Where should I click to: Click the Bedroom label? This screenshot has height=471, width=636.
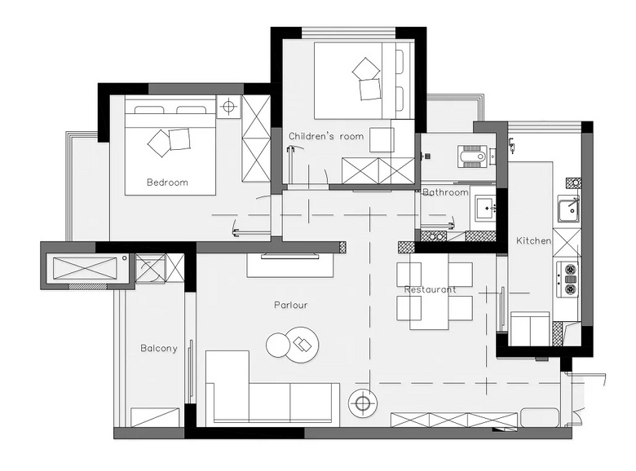(x=167, y=183)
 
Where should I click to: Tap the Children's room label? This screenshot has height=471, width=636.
(x=326, y=136)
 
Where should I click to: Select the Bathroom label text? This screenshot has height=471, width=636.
(x=445, y=192)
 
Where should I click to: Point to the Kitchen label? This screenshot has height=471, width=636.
(x=533, y=240)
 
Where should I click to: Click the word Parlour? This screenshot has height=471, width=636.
(x=290, y=305)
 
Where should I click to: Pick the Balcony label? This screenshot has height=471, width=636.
(x=159, y=348)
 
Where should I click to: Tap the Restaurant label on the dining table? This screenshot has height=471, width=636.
(x=430, y=290)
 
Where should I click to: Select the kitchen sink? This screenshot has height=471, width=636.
(x=568, y=209)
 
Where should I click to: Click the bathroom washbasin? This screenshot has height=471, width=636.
(x=485, y=209)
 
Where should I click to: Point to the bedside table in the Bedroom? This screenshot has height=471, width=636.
(x=229, y=107)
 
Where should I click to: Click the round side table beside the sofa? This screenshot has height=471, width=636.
(x=363, y=403)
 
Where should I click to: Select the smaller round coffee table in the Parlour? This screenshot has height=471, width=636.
(x=278, y=345)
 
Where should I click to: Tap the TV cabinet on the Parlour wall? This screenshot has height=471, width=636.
(x=290, y=266)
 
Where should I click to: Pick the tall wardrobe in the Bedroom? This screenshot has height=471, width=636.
(x=256, y=139)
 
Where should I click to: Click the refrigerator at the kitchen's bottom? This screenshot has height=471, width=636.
(x=530, y=328)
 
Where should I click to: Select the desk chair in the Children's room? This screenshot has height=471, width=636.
(x=382, y=140)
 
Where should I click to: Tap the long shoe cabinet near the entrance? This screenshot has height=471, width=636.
(x=454, y=420)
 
